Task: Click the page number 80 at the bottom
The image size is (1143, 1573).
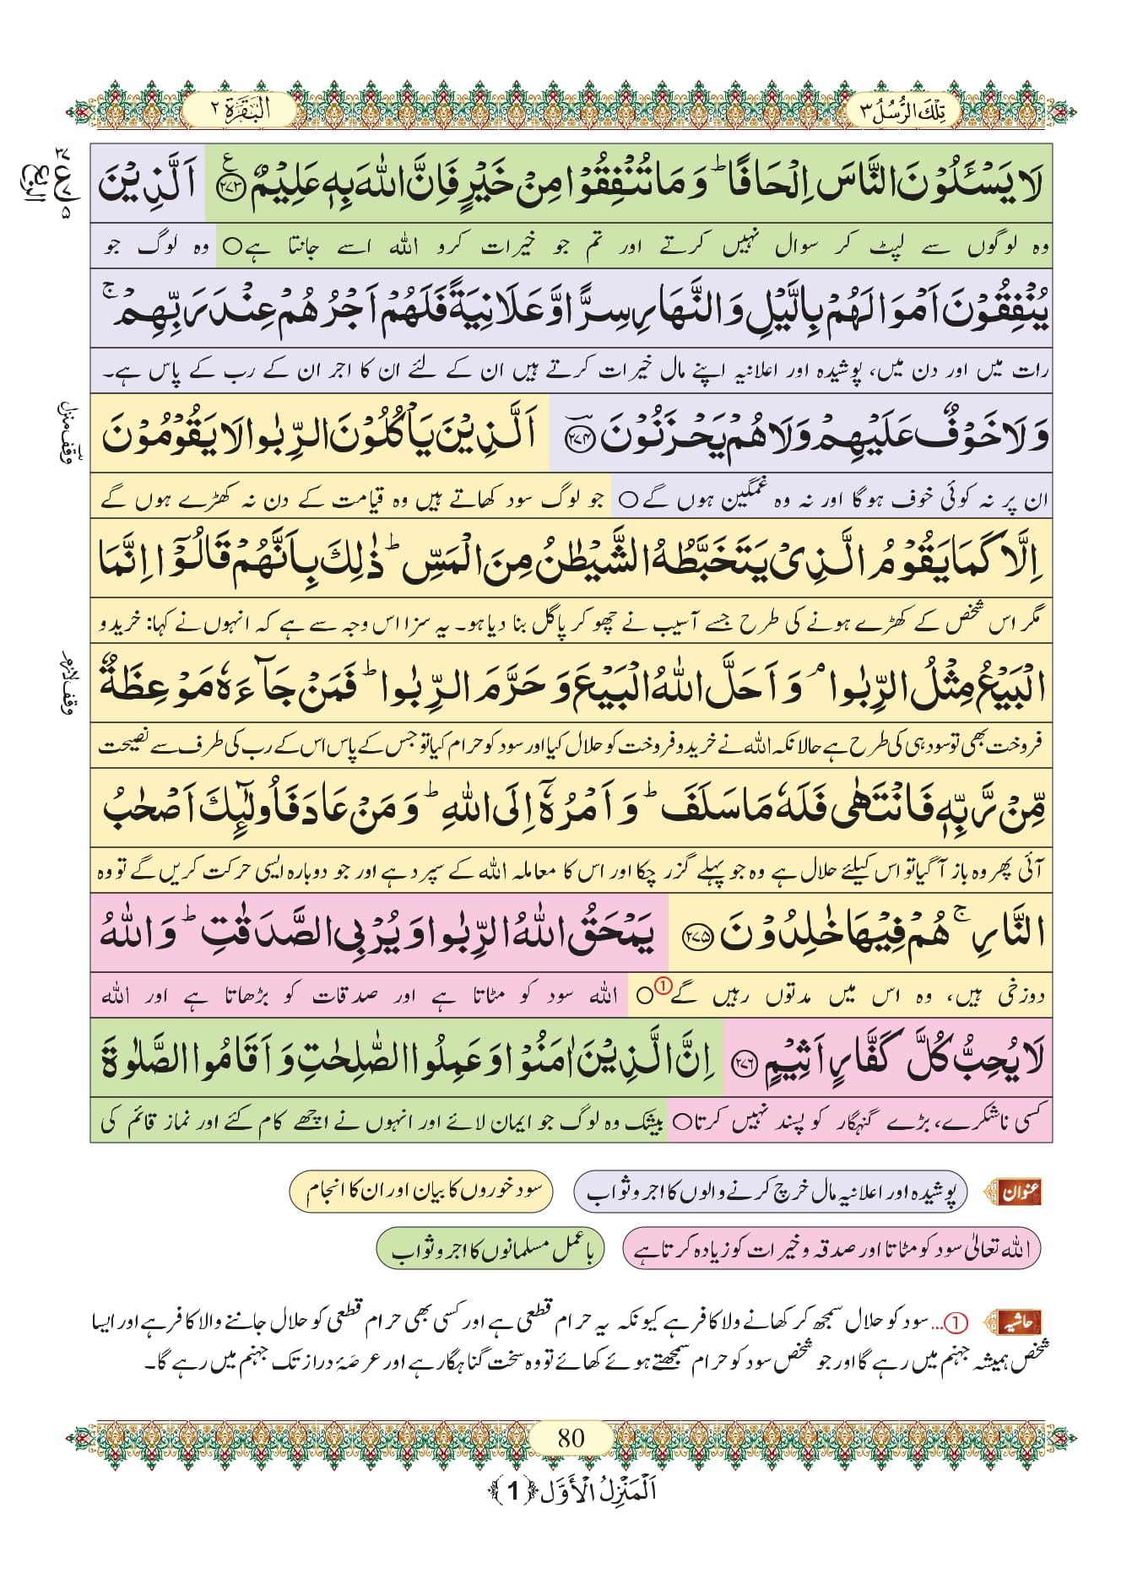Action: click(571, 1436)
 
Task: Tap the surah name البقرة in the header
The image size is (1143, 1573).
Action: click(240, 109)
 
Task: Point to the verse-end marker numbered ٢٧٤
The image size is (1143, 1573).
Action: click(578, 438)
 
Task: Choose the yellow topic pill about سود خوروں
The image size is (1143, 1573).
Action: click(421, 1192)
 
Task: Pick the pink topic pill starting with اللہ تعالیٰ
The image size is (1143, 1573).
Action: click(831, 1249)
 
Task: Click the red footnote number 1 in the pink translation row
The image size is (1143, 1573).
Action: click(663, 985)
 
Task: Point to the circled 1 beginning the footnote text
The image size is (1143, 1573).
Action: click(957, 1322)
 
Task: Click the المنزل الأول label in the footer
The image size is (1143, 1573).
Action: click(571, 1491)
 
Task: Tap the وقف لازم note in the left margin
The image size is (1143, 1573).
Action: click(69, 684)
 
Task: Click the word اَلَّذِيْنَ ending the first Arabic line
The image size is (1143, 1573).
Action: click(148, 184)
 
